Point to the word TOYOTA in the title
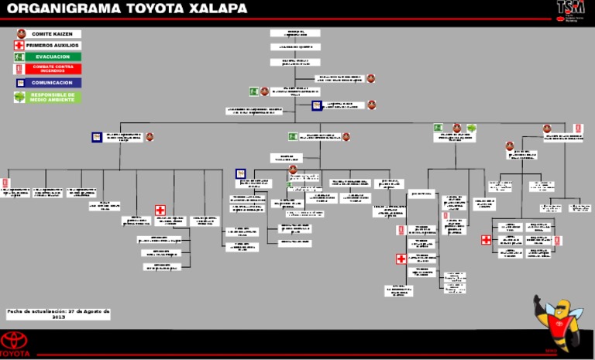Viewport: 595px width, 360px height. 152,9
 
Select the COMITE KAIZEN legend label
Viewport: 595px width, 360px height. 52,34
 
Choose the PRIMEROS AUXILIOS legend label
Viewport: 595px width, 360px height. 52,46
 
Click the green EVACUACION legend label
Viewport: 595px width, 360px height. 52,57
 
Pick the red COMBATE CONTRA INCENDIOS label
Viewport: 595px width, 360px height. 52,69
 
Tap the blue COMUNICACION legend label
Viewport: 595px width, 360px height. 52,83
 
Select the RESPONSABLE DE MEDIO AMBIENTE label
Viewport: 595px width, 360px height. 52,98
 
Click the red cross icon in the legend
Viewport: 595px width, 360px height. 19,46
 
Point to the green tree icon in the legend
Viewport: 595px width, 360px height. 19,98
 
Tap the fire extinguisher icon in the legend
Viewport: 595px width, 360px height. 19,69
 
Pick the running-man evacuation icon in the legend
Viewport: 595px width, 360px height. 19,57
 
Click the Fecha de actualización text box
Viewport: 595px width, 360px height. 58,314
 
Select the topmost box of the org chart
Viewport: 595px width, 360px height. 294,33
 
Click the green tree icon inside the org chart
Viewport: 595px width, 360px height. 471,129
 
